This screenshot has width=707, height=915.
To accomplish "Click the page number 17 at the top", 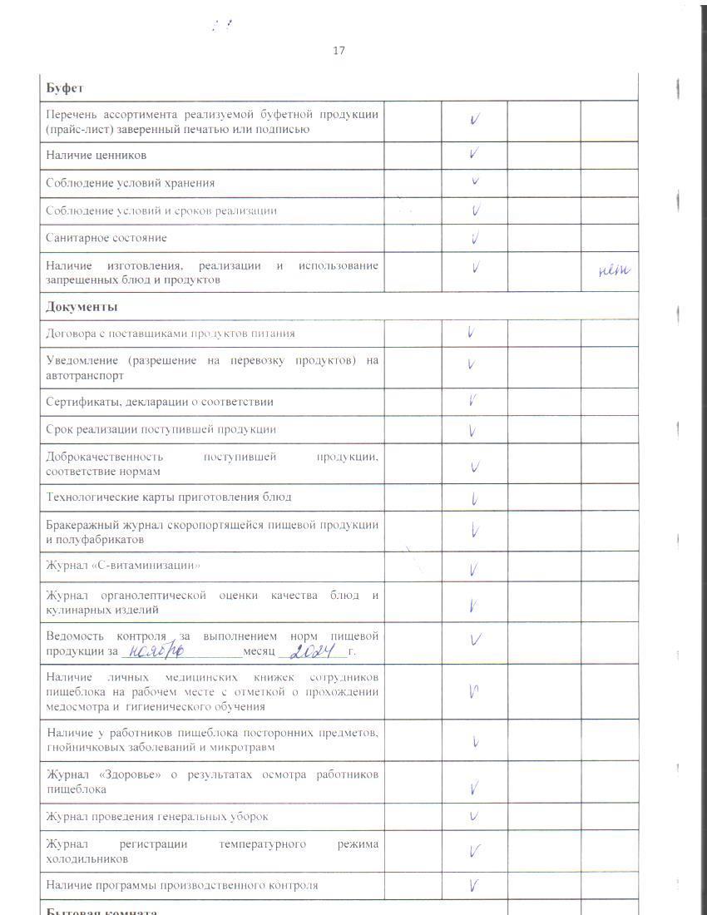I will (x=339, y=51).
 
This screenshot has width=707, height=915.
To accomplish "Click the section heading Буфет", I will (x=64, y=87).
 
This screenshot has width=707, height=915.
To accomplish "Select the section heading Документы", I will (x=82, y=306).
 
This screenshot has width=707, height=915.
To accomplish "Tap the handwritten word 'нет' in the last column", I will (x=614, y=270).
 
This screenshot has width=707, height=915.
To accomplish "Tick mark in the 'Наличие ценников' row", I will (x=473, y=154).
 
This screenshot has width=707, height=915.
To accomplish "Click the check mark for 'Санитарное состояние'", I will (x=475, y=239).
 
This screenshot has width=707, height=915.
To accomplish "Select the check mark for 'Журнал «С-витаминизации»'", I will (x=472, y=570).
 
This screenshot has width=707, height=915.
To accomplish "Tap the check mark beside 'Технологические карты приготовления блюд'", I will (x=473, y=499).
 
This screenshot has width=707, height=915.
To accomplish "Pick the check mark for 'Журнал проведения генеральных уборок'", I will (x=473, y=816).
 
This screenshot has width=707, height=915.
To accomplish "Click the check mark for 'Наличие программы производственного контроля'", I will (x=473, y=885).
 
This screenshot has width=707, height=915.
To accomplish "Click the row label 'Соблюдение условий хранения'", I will (x=131, y=183).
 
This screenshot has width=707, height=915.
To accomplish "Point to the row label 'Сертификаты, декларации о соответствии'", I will (x=160, y=402).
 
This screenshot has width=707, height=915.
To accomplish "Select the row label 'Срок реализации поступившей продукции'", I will (x=161, y=429).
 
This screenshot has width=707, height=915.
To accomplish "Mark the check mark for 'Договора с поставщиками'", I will (x=472, y=333).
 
